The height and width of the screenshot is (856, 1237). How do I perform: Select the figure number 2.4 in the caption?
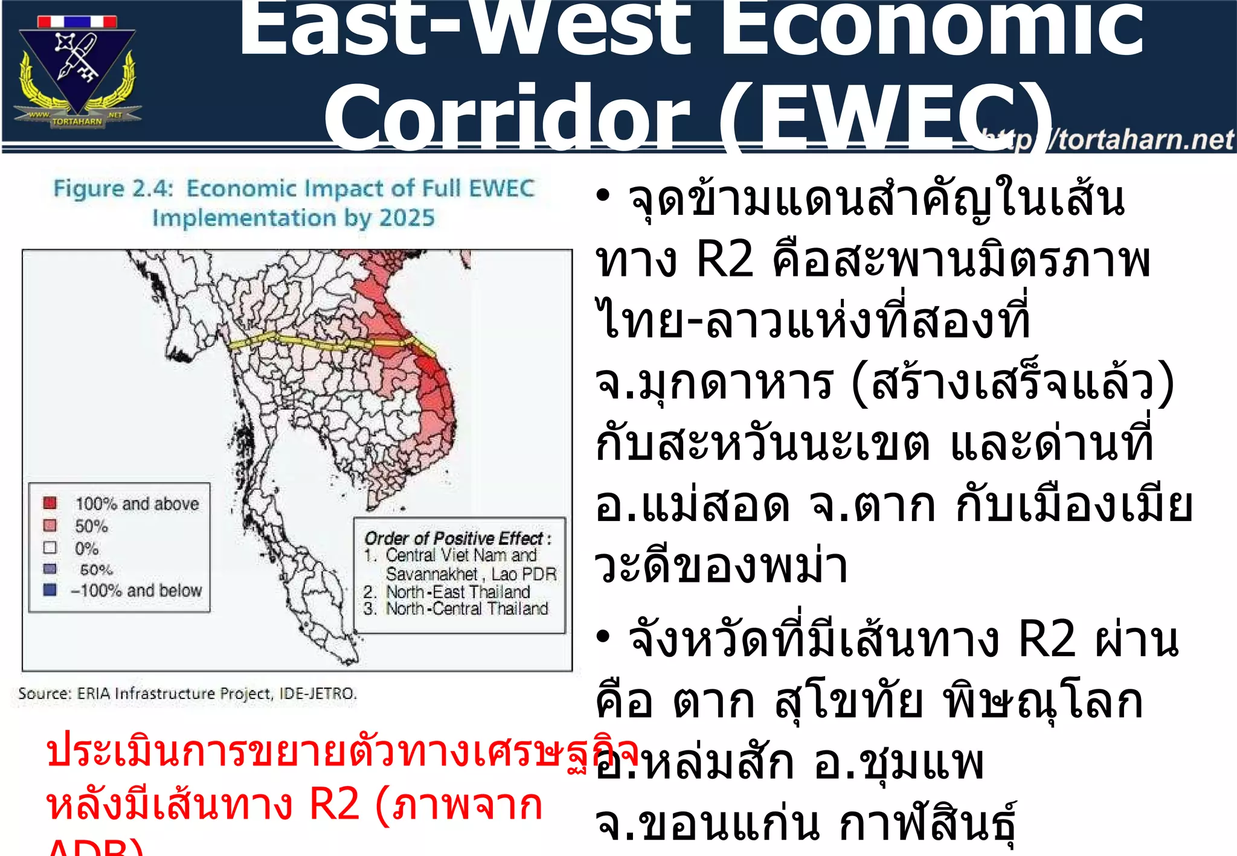click(x=153, y=189)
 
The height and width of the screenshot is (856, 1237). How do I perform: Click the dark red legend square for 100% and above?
click(x=50, y=503)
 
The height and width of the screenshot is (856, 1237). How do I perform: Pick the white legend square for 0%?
click(x=50, y=548)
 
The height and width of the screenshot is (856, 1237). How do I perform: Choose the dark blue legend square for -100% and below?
click(x=50, y=590)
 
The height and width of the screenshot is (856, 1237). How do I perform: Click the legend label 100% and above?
click(x=137, y=503)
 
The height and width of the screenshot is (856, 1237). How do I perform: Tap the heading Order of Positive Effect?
click(x=457, y=538)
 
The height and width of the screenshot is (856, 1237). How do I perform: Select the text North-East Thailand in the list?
click(x=458, y=592)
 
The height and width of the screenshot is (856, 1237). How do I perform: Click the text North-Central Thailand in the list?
click(x=467, y=608)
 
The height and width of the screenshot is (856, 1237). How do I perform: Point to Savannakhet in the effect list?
click(x=432, y=573)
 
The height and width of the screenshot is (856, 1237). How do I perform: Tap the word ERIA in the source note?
click(x=94, y=694)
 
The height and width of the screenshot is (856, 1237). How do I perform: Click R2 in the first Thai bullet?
click(x=724, y=261)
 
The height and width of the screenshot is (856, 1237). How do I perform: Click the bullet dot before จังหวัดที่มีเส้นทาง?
click(x=603, y=637)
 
